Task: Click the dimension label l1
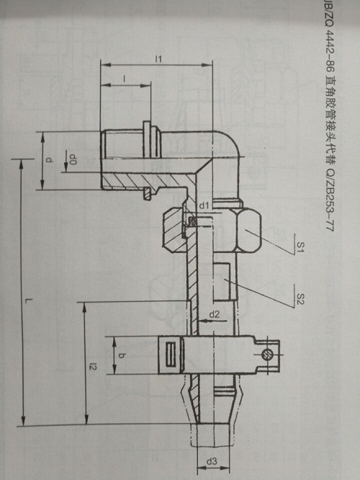pos(158,59)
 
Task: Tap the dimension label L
pos(29,301)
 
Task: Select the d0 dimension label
pos(73,159)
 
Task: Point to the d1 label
pos(204,205)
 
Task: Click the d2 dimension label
pos(215,314)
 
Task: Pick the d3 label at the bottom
pos(212,461)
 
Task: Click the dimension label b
pos(122,355)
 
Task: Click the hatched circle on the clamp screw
pos(266,355)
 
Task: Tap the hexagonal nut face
pos(248,230)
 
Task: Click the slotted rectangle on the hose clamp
pos(171,355)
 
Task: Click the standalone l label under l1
pos(125,79)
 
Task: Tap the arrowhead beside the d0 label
pos(66,166)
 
